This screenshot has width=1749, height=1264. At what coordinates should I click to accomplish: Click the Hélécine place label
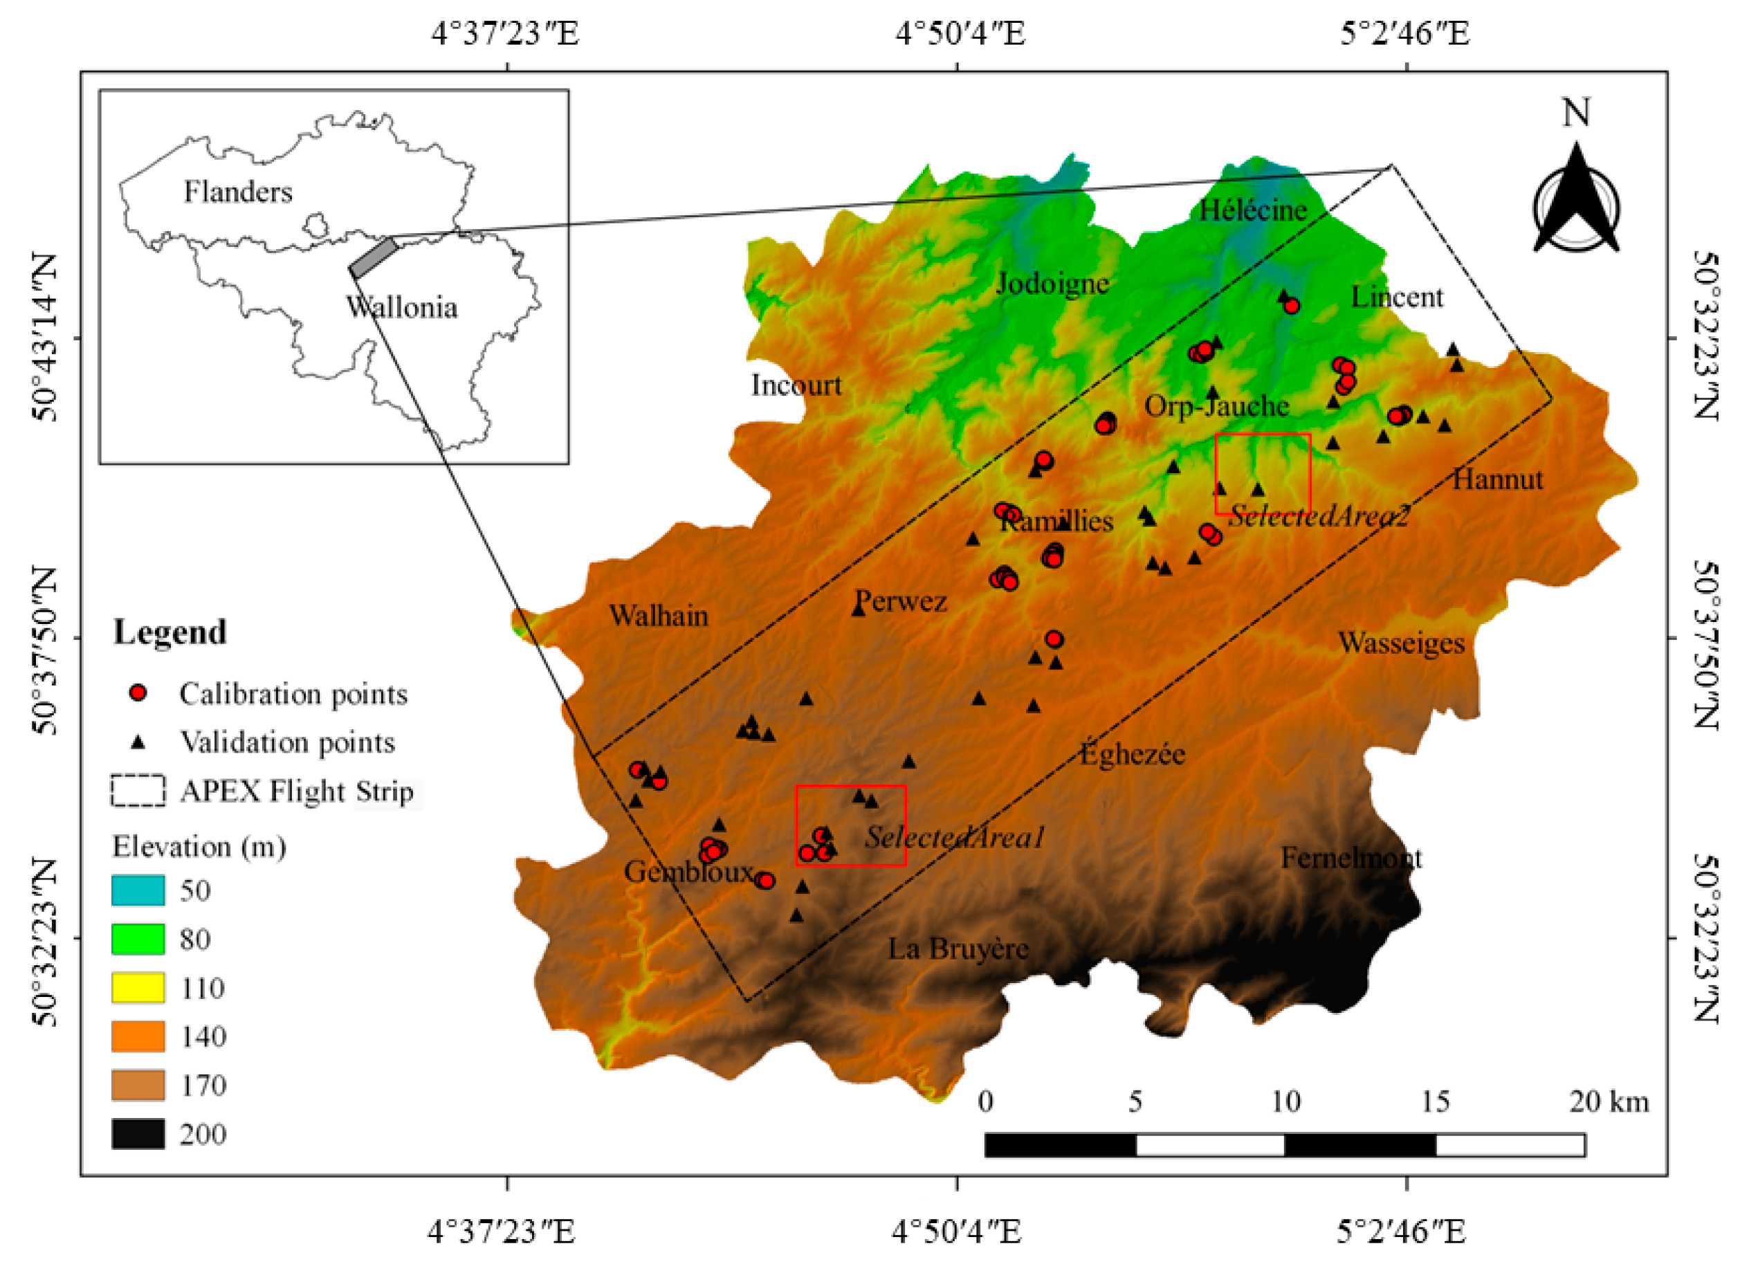tap(1252, 210)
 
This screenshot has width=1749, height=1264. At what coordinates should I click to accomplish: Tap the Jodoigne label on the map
tap(1052, 284)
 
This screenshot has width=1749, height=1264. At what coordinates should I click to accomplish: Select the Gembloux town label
tap(688, 872)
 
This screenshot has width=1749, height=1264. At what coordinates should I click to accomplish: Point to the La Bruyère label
tap(958, 948)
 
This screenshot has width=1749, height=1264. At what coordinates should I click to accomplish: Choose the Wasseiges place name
tap(1401, 643)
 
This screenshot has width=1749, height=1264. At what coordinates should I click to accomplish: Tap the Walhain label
tap(658, 616)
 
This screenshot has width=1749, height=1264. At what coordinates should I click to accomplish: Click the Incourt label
tap(796, 385)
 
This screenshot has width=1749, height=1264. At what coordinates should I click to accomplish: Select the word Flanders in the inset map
tap(237, 191)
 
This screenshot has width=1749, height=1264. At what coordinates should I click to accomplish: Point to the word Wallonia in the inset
tap(401, 307)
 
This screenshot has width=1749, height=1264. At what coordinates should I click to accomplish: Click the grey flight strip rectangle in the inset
tap(373, 257)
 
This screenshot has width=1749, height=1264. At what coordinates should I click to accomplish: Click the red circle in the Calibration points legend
tap(138, 693)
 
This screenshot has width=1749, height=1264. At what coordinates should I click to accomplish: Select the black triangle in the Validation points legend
tap(138, 742)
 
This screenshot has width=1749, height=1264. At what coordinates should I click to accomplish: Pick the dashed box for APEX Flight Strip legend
tap(138, 791)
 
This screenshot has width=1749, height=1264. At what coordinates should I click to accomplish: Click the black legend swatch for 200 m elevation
tap(138, 1134)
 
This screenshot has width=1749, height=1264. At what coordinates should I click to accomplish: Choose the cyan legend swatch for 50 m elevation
tap(138, 890)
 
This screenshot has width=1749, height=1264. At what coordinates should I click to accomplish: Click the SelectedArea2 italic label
tap(1318, 516)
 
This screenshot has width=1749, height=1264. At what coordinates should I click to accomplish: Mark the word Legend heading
tap(170, 632)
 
